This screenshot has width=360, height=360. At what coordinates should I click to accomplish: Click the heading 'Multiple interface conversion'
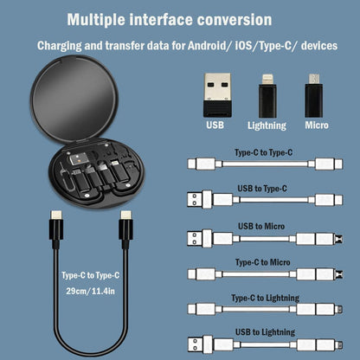169,18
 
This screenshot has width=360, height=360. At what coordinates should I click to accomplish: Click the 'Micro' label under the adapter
316,125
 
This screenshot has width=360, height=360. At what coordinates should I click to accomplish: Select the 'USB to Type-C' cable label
262,188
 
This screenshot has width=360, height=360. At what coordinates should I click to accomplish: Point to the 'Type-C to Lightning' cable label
262,297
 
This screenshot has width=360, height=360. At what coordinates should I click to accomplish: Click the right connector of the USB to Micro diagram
327,237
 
